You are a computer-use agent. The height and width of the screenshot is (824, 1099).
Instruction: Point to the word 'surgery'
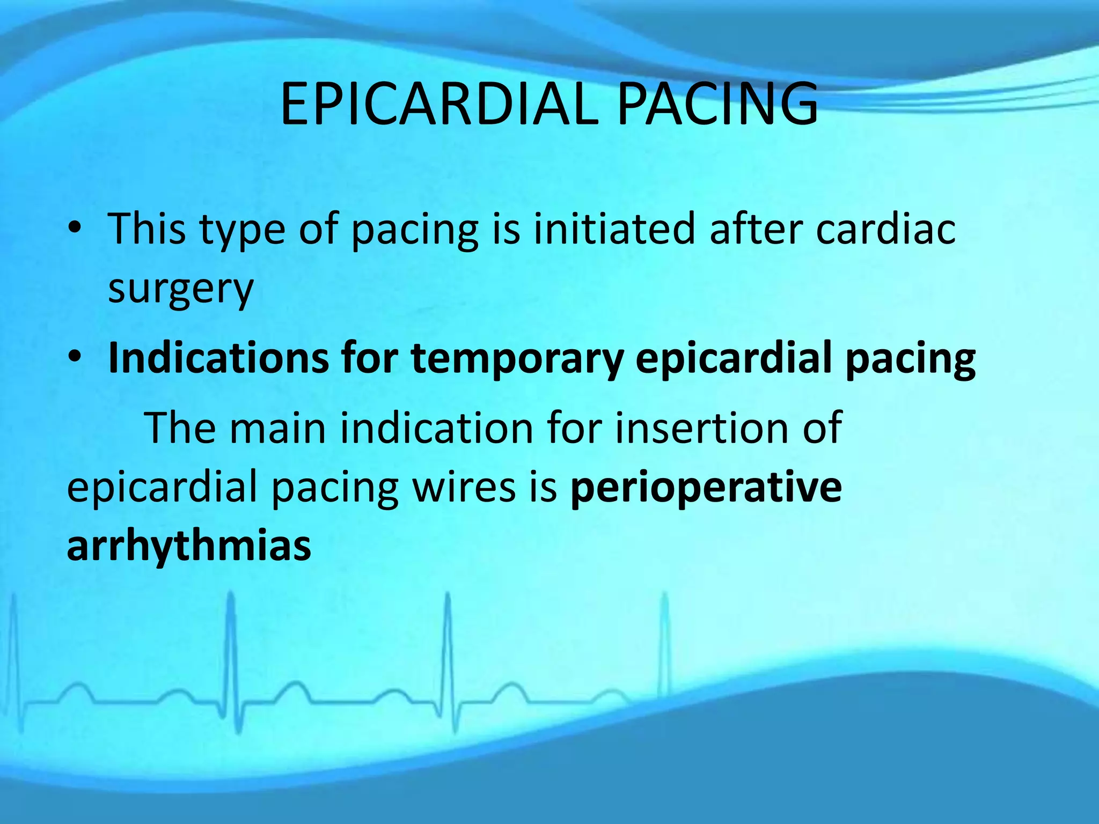pos(180,290)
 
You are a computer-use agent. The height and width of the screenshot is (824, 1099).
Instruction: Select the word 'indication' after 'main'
pos(437,428)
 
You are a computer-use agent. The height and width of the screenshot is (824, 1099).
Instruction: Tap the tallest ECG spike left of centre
pos(231,644)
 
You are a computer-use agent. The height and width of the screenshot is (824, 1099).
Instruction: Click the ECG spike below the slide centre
pos(448,644)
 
